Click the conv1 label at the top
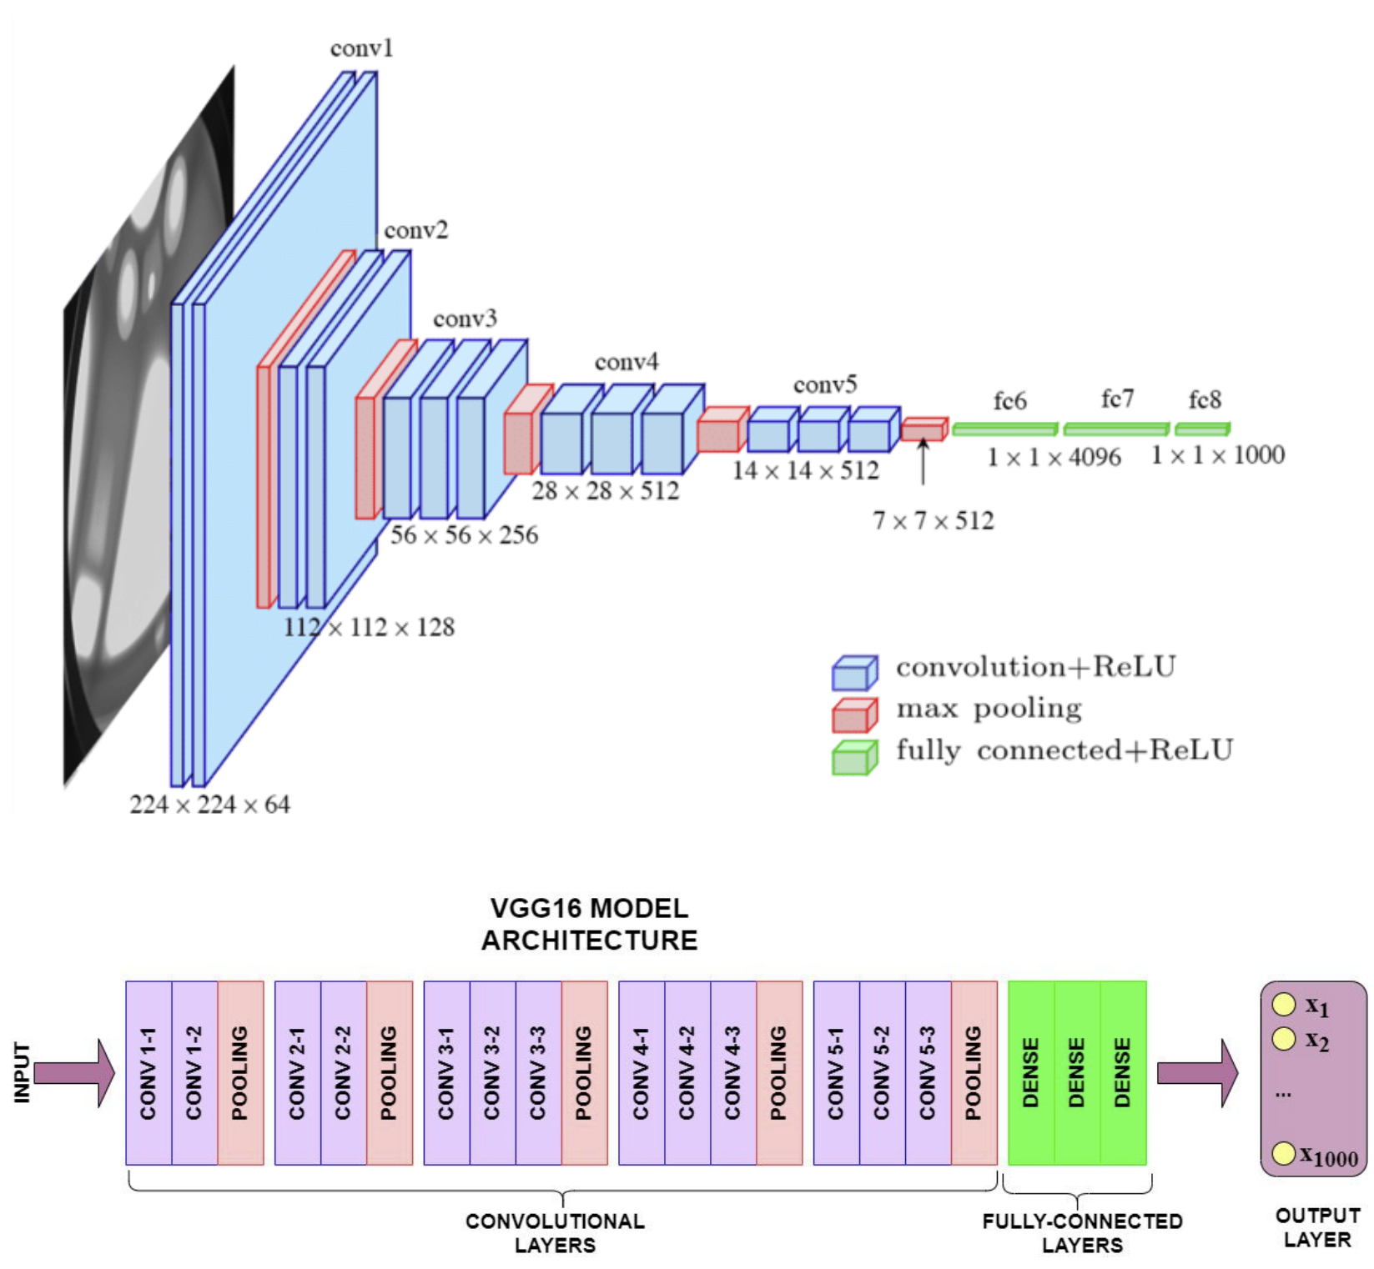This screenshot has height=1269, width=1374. click(361, 48)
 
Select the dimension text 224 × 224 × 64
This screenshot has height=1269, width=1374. click(209, 805)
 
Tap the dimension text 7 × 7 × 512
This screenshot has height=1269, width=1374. click(933, 521)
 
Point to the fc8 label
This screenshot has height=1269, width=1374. click(1205, 400)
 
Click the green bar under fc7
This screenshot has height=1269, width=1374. click(1116, 429)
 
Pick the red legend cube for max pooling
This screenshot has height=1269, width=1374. click(854, 715)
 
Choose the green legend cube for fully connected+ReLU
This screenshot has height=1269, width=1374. click(854, 758)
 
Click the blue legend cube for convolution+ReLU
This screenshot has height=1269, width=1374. click(854, 673)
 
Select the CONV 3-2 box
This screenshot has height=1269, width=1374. click(492, 1072)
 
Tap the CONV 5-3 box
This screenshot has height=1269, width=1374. click(928, 1072)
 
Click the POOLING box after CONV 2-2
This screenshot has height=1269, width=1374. click(389, 1072)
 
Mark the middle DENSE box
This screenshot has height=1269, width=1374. click(1077, 1072)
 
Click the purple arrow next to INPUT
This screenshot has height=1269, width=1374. click(75, 1072)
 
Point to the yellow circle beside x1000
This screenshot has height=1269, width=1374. click(1283, 1154)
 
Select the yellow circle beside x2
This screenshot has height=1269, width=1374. click(1283, 1039)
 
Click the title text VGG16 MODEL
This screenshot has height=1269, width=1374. click(589, 908)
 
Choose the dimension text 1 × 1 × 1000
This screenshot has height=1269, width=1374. click(1217, 455)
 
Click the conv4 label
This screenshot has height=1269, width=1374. click(626, 362)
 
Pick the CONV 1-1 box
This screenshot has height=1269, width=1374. click(148, 1072)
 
